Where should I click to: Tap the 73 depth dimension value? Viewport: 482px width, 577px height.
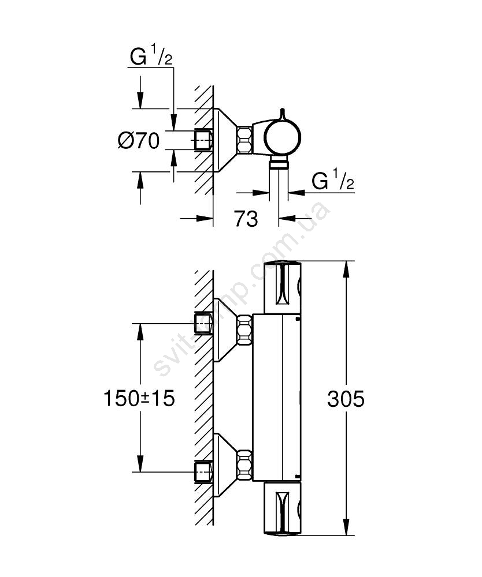[246, 219]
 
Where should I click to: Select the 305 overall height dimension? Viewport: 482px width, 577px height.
[346, 399]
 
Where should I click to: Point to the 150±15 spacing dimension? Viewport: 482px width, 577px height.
[139, 398]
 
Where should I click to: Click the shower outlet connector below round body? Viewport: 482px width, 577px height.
[279, 165]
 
